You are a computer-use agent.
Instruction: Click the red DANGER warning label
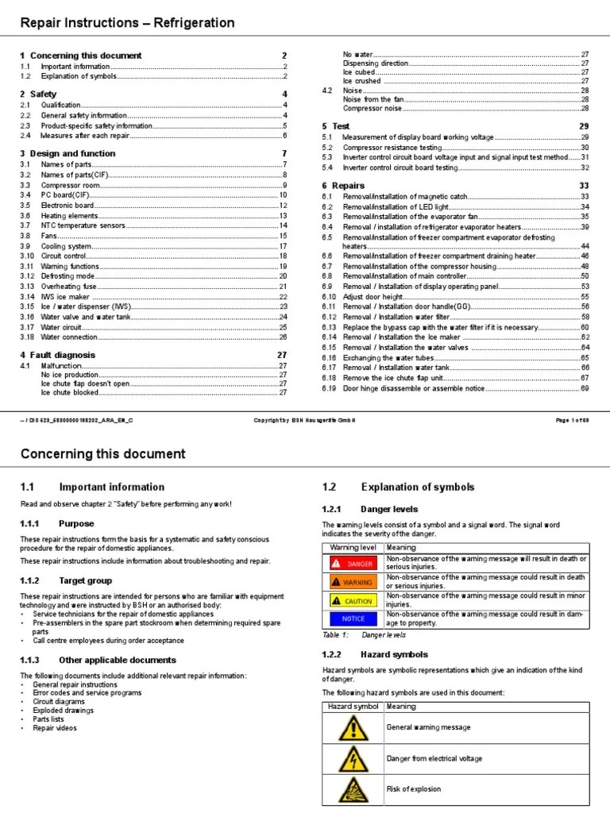(x=353, y=563)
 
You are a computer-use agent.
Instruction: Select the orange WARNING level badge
(x=353, y=582)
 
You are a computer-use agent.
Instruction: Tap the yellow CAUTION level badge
(x=353, y=601)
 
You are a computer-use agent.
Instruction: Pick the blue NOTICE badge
(x=353, y=619)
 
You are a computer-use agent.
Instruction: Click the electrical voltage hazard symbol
(x=353, y=758)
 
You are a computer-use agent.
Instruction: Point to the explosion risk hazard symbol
(x=353, y=789)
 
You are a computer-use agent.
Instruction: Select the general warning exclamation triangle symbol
(x=353, y=727)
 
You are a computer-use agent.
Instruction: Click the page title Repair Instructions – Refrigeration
(x=127, y=23)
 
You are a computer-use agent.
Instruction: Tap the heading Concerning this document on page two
(x=102, y=454)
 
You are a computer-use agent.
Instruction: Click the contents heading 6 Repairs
(x=343, y=184)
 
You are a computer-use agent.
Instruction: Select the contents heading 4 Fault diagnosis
(x=57, y=354)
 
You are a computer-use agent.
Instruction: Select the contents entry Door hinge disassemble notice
(x=413, y=388)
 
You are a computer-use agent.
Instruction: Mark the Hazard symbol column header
(x=352, y=706)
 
